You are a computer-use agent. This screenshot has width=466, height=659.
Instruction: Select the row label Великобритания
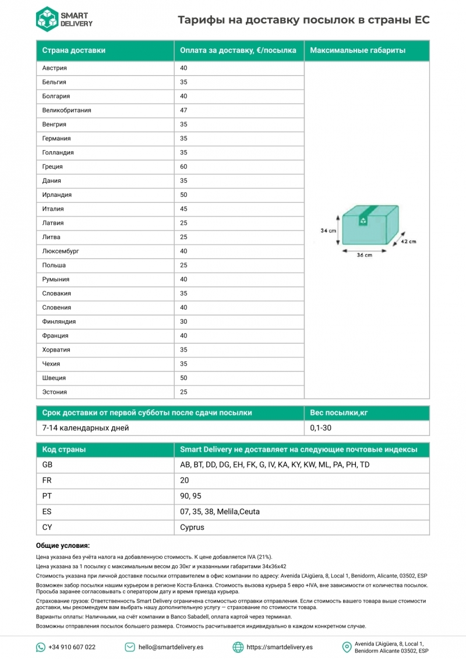click(x=66, y=110)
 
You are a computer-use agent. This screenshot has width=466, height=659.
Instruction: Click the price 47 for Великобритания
click(x=183, y=110)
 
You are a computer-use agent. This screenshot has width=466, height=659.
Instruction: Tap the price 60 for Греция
click(x=183, y=166)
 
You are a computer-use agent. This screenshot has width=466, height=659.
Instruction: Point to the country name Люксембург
click(x=61, y=251)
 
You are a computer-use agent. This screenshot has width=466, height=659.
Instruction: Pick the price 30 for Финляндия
click(x=183, y=321)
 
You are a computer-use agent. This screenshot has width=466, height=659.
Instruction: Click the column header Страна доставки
click(x=74, y=51)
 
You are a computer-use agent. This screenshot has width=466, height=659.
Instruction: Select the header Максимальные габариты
click(x=358, y=51)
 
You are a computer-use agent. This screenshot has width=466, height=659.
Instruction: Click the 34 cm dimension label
click(x=329, y=231)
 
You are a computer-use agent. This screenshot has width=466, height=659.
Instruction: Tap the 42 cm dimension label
click(x=408, y=241)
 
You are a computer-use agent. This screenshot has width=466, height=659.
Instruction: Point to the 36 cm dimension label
click(x=365, y=255)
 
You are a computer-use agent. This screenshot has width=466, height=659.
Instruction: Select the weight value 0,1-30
click(x=321, y=428)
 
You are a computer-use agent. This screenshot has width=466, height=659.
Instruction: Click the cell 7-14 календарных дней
click(x=86, y=428)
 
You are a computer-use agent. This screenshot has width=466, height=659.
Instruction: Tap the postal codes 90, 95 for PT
click(x=191, y=496)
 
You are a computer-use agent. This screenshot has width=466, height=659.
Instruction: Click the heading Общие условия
click(x=63, y=545)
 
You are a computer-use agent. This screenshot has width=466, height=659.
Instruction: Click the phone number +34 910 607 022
click(x=72, y=647)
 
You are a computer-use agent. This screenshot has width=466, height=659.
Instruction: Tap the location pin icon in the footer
click(x=347, y=647)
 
